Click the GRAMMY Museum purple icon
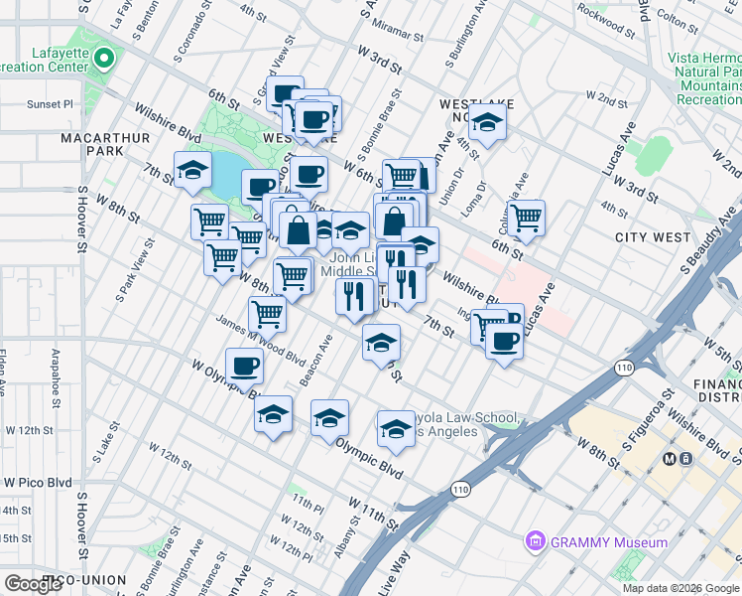[536, 542]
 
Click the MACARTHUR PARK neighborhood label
[91, 143]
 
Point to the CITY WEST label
[652, 237]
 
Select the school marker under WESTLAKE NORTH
[487, 123]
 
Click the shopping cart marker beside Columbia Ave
[526, 216]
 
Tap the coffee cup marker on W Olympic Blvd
[244, 366]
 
